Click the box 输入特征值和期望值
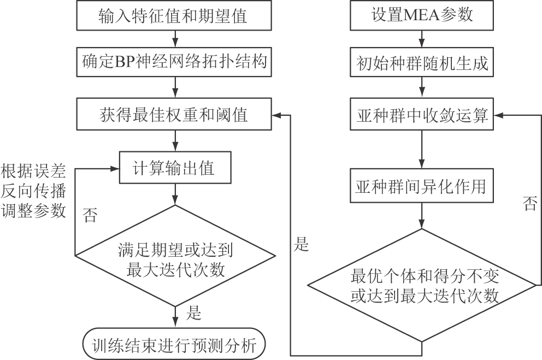pyautogui.click(x=174, y=16)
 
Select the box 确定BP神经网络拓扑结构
pyautogui.click(x=174, y=62)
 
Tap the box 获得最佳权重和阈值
pyautogui.click(x=174, y=115)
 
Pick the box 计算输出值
pyautogui.click(x=174, y=168)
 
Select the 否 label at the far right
pyautogui.click(x=529, y=204)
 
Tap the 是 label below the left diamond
pyautogui.click(x=195, y=313)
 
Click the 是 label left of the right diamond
pyautogui.click(x=302, y=244)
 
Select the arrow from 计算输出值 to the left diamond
pyautogui.click(x=175, y=193)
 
